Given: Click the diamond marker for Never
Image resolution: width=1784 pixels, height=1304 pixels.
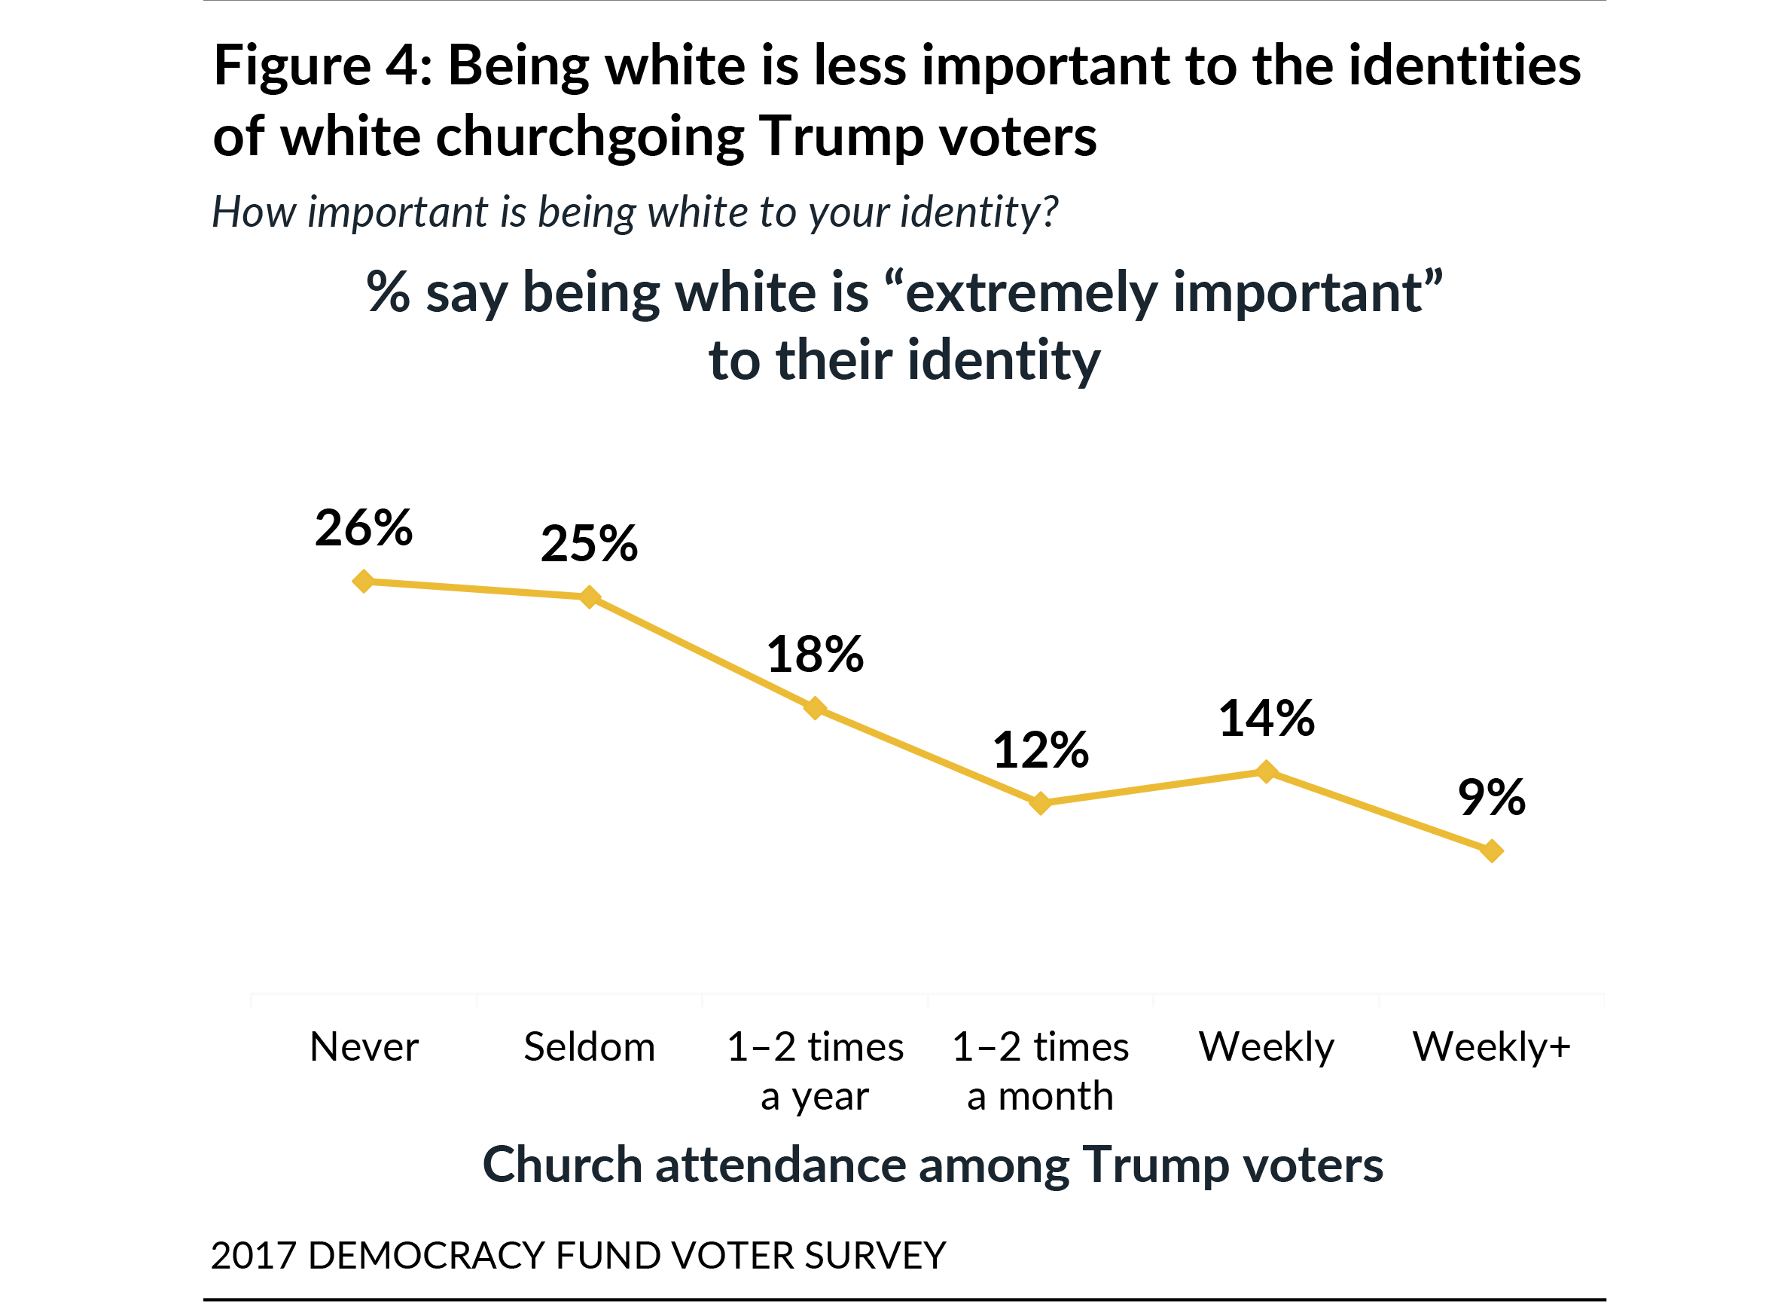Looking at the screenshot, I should [364, 582].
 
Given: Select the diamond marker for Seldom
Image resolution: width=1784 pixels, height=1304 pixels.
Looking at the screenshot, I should [590, 597].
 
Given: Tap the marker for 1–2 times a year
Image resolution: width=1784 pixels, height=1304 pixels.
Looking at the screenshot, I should [815, 708].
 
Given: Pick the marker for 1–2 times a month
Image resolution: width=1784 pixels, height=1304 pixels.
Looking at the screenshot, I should [1041, 803].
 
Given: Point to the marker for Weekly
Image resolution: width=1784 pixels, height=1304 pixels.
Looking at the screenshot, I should [1267, 771].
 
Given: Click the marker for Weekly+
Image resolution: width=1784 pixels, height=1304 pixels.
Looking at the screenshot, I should [1492, 851].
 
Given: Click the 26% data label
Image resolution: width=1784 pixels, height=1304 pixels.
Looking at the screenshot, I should [364, 528].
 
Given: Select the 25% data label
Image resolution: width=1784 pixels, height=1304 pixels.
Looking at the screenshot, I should [590, 544].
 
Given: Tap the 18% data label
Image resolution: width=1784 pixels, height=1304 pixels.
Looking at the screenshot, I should [815, 655].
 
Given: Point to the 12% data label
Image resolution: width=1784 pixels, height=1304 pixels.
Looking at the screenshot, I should [1041, 750].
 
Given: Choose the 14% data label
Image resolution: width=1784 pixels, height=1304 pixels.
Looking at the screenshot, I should [1267, 719].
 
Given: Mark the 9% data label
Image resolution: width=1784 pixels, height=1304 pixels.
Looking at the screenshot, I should [1492, 797].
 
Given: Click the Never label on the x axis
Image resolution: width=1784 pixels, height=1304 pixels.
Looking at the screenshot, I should [364, 1047].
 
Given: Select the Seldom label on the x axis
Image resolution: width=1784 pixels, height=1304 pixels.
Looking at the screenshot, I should [590, 1047].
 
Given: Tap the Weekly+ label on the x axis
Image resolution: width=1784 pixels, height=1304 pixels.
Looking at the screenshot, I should [1491, 1047].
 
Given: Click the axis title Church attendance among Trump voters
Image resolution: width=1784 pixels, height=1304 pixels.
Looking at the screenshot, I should [932, 1165].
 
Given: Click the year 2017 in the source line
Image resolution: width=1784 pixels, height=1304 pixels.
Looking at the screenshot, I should [253, 1256].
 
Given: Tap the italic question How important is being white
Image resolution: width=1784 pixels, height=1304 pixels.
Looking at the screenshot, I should [634, 212].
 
